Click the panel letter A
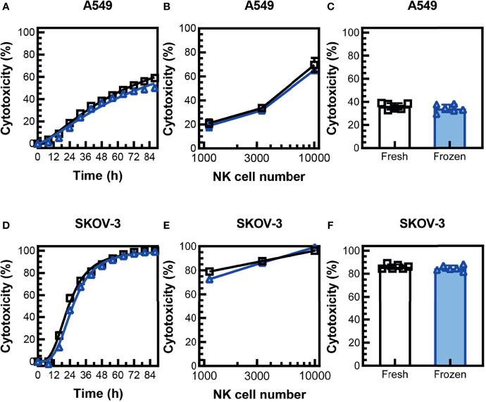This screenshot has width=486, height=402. pyautogui.click(x=5, y=6)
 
